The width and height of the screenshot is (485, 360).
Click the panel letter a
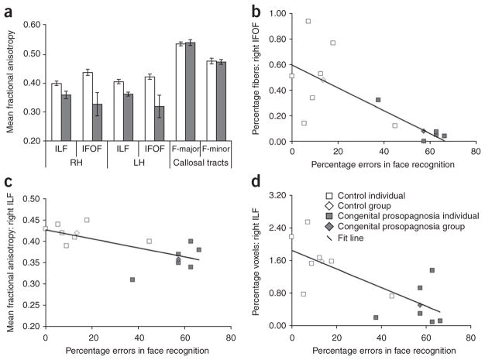[x=5, y=8]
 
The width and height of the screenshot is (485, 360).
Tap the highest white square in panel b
[x=308, y=22]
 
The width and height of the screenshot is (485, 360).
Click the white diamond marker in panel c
[x=76, y=233]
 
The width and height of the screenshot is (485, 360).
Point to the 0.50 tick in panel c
[x=28, y=199]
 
